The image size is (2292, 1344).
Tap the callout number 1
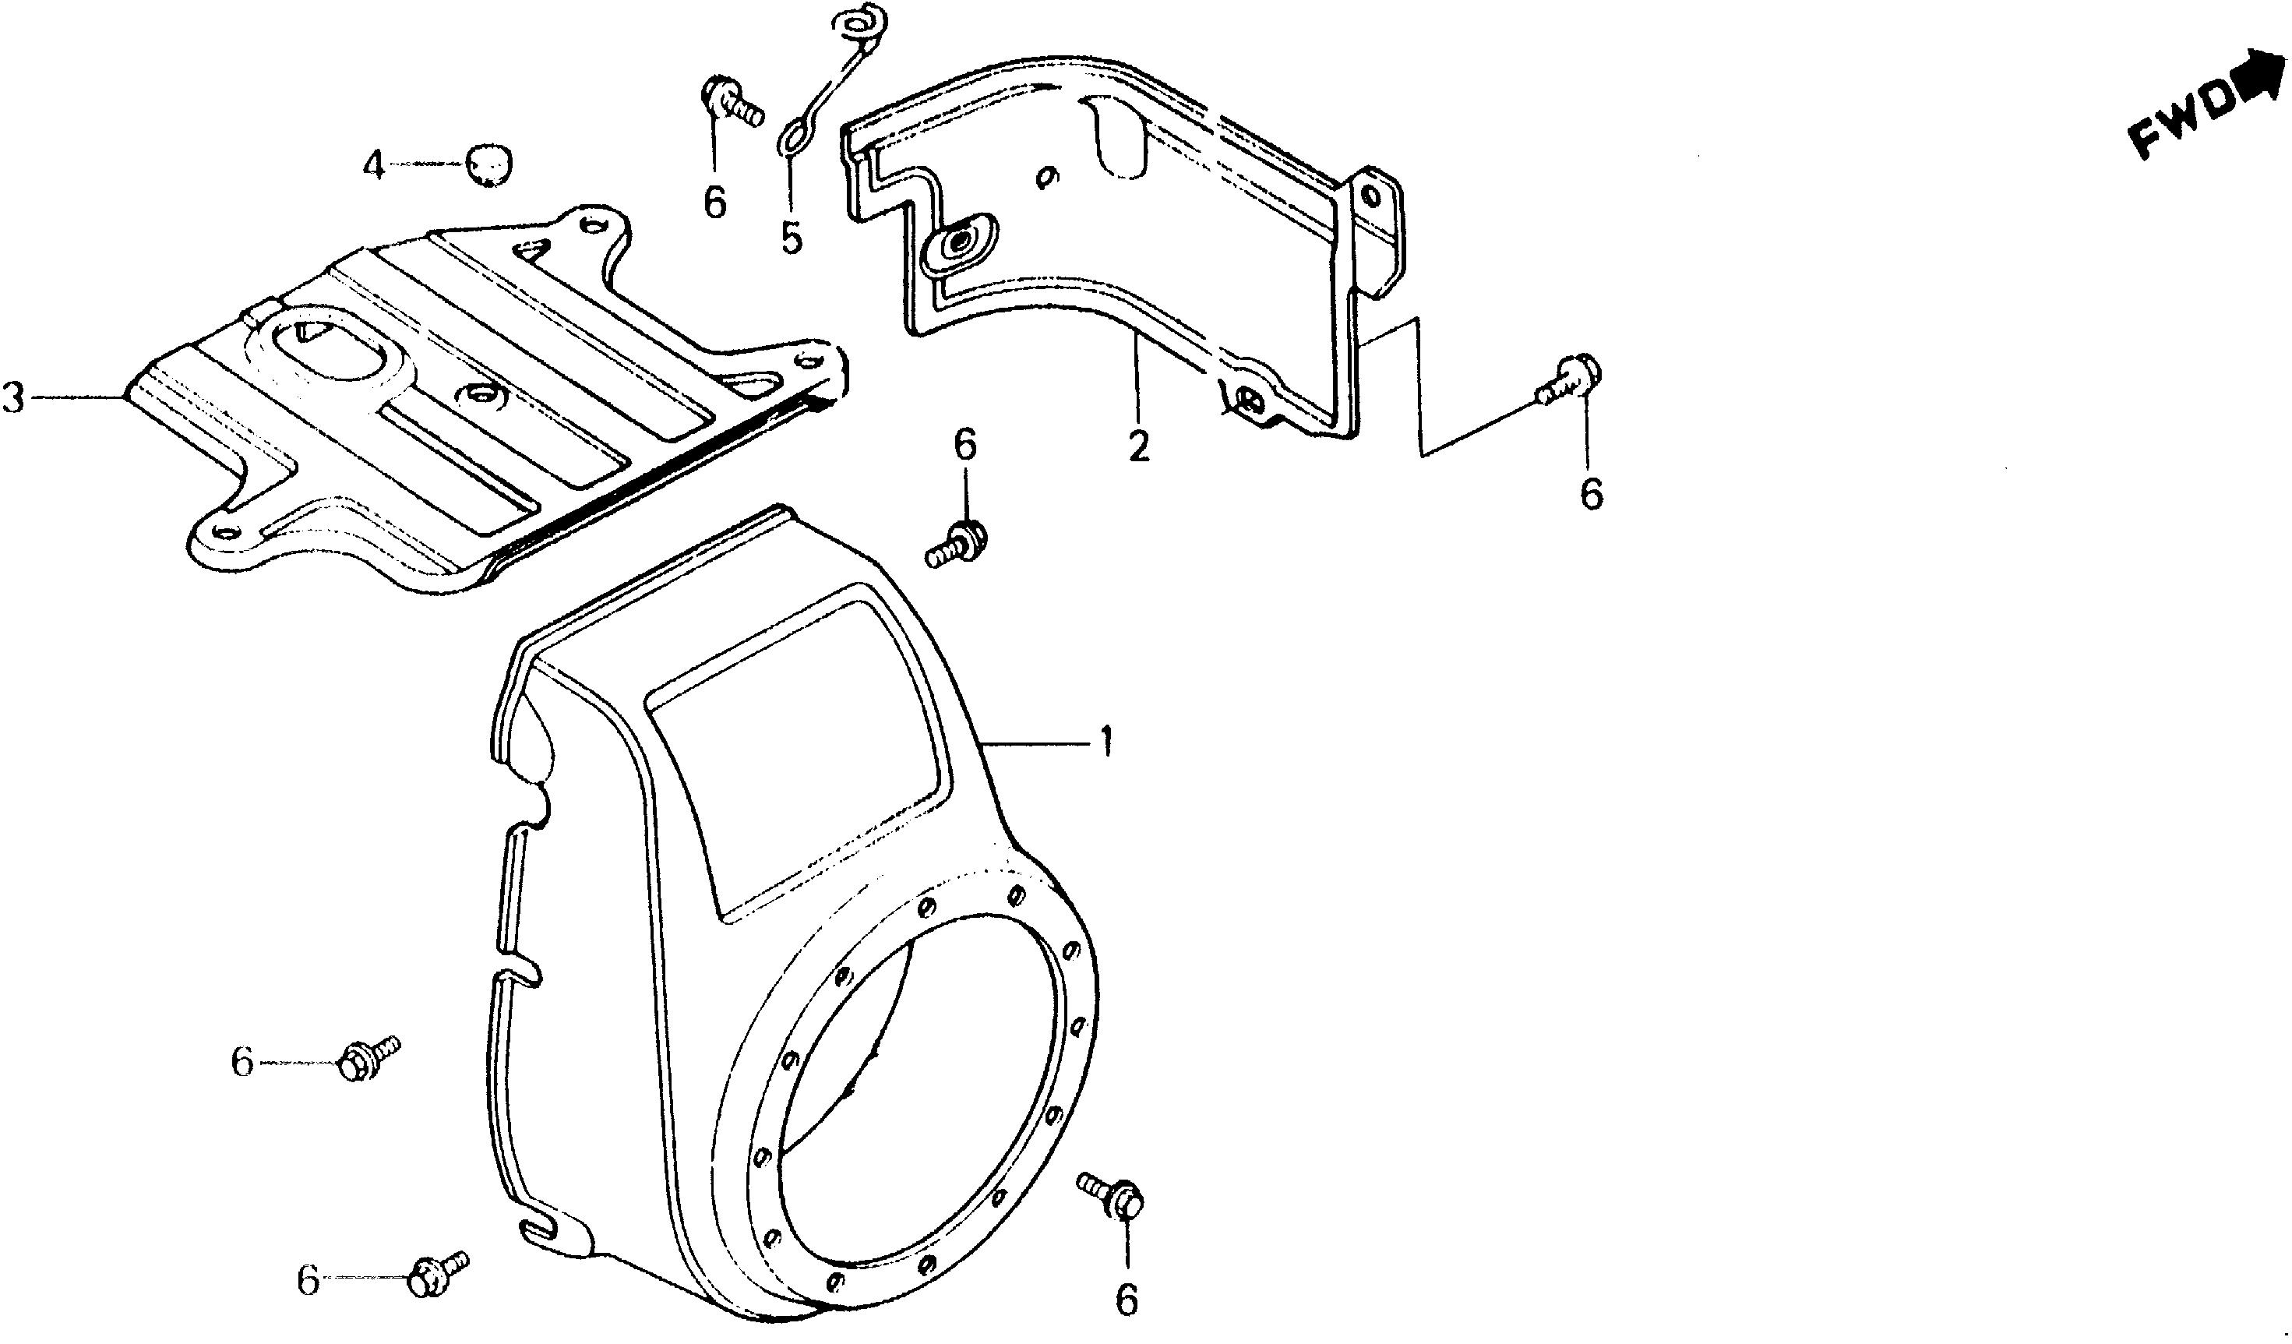(1104, 743)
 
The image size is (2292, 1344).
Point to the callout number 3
(12, 398)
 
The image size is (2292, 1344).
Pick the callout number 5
(792, 238)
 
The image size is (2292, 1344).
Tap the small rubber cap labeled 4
(488, 164)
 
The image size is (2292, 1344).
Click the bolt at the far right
(1570, 381)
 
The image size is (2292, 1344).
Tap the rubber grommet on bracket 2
(960, 244)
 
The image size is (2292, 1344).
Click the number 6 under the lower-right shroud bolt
(1126, 1300)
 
